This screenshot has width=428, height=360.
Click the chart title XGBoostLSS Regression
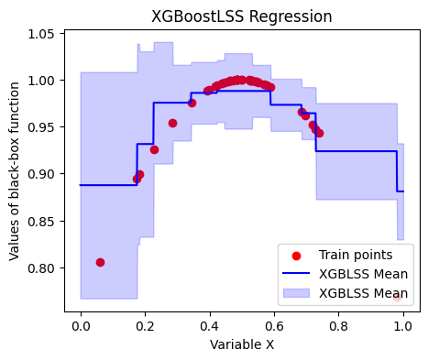tap(242, 16)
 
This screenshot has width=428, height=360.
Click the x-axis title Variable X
tap(242, 345)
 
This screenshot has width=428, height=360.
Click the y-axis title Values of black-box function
tap(15, 171)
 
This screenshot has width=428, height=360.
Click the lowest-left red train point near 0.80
tap(100, 262)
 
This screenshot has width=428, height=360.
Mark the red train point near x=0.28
tap(172, 123)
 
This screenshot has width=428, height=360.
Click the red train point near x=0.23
tap(154, 149)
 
